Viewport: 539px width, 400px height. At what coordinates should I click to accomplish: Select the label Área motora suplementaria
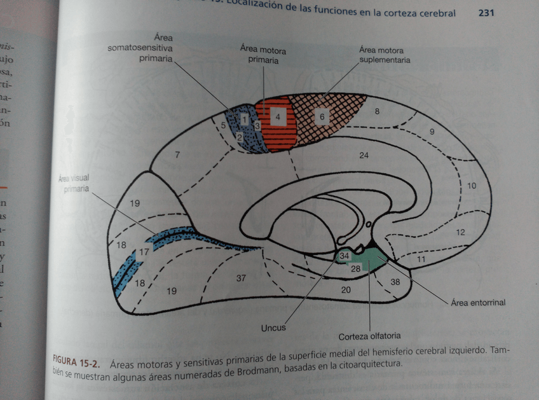click(385, 55)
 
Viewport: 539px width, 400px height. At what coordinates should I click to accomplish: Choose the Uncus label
click(273, 328)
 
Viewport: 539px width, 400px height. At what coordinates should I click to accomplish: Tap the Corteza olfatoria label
click(369, 336)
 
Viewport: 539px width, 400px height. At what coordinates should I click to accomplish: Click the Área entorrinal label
click(478, 302)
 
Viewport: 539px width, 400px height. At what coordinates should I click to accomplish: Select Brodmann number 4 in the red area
click(278, 117)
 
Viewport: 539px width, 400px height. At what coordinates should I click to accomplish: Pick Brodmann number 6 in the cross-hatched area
click(322, 117)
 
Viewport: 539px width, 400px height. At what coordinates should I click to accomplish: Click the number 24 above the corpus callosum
click(364, 155)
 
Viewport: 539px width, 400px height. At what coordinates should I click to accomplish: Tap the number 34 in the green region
click(345, 256)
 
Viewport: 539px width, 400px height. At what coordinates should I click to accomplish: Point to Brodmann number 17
click(144, 252)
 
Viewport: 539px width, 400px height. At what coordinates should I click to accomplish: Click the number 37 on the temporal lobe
click(241, 278)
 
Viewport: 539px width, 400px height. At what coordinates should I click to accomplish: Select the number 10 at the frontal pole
click(471, 186)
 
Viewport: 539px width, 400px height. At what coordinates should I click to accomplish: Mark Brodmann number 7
click(178, 155)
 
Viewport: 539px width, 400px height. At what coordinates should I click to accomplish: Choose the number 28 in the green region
click(355, 269)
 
